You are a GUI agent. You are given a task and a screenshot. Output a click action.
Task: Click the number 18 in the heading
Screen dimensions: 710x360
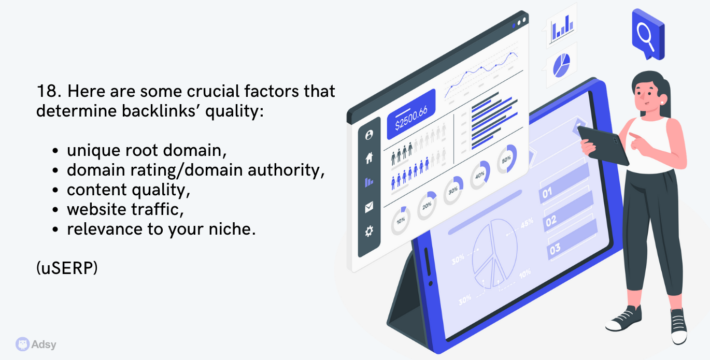click(x=48, y=91)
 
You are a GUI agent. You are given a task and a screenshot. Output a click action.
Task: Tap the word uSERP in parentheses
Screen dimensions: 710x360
click(x=67, y=268)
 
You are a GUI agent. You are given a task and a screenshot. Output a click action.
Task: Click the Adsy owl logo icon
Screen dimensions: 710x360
click(x=22, y=344)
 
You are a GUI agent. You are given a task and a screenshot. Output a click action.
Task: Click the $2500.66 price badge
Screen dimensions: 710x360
click(x=411, y=114)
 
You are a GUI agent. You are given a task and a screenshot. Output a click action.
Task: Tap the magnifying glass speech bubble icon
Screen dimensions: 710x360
click(x=648, y=34)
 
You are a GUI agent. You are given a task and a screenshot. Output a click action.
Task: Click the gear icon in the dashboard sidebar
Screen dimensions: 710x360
click(x=369, y=231)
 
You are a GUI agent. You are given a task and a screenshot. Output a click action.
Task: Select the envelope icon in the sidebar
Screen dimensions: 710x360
click(x=369, y=207)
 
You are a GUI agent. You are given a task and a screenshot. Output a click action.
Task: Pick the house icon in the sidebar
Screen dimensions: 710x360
click(x=369, y=158)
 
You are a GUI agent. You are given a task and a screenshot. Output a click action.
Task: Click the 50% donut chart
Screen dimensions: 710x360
click(x=507, y=159)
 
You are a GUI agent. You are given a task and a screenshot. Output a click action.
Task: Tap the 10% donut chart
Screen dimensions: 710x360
click(x=401, y=220)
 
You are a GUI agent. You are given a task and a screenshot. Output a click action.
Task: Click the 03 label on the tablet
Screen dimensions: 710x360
click(x=555, y=249)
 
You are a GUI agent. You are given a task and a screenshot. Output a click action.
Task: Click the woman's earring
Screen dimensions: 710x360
click(x=662, y=103)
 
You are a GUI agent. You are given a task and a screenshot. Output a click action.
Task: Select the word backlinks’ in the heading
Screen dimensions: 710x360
click(x=161, y=111)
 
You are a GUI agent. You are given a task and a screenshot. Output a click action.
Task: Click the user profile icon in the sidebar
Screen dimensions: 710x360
click(x=369, y=135)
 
